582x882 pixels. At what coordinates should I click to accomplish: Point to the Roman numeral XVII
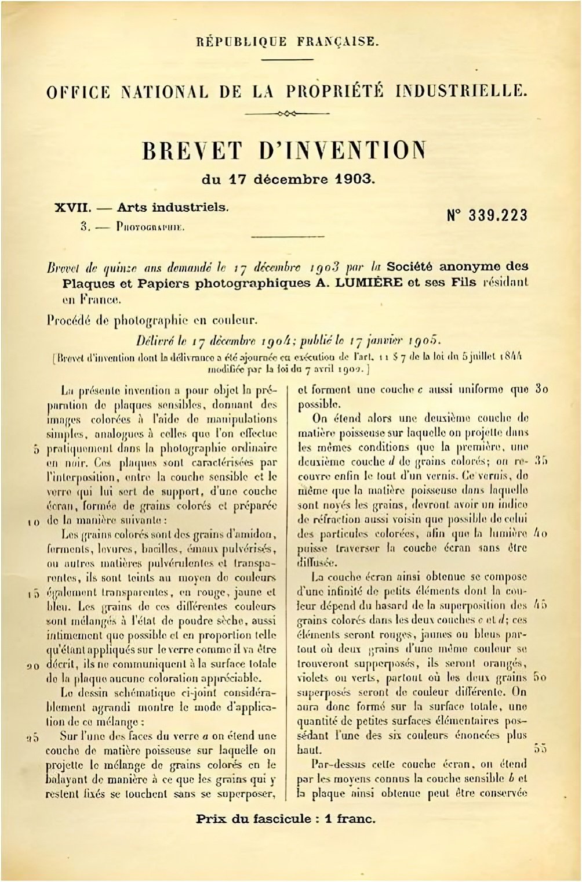tap(71, 207)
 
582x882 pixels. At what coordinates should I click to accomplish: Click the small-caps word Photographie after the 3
tap(150, 227)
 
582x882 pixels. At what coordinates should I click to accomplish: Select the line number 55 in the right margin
tap(540, 749)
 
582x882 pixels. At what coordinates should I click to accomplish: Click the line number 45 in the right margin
tap(540, 605)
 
